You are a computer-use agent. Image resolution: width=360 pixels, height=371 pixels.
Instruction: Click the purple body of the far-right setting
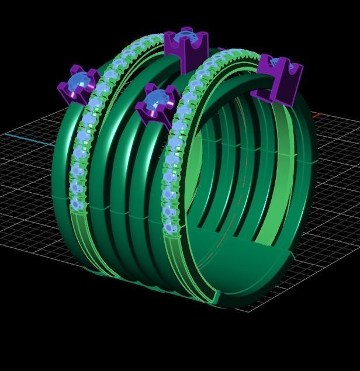coord(278,88)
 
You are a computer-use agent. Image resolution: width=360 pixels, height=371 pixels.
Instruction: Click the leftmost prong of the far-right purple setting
coord(265,62)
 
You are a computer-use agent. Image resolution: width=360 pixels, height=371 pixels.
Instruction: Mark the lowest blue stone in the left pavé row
coord(75,204)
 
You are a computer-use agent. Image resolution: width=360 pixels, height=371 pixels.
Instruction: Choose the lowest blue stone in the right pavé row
coord(169,228)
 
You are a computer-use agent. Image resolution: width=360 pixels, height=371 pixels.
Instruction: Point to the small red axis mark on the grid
coord(316,115)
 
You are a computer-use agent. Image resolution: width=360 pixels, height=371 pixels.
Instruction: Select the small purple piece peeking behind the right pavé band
coord(220,50)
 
